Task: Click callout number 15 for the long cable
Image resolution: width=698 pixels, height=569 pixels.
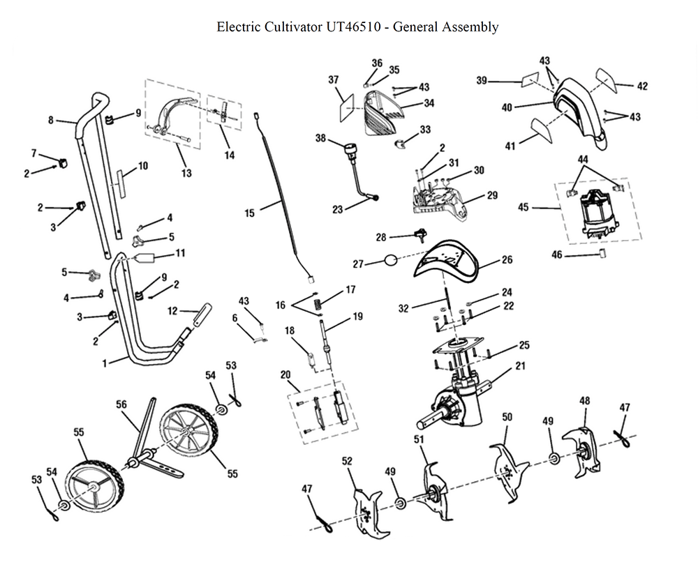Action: (250, 213)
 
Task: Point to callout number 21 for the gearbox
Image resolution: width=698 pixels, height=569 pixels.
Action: (520, 365)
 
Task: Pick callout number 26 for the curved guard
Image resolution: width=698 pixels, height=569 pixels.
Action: (507, 260)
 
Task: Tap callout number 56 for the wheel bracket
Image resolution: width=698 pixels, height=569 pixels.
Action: (121, 404)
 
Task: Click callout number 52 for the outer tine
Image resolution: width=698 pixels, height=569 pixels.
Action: (347, 461)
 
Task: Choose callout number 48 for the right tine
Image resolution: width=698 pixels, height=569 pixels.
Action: (585, 401)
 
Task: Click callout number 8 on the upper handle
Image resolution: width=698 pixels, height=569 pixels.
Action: (51, 120)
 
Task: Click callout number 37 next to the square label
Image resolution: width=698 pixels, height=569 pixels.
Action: (334, 80)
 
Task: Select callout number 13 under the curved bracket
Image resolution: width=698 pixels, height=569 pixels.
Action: (186, 173)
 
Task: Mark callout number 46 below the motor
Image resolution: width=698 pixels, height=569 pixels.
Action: (556, 255)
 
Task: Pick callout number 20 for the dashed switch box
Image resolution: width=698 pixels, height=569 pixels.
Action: (285, 374)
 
